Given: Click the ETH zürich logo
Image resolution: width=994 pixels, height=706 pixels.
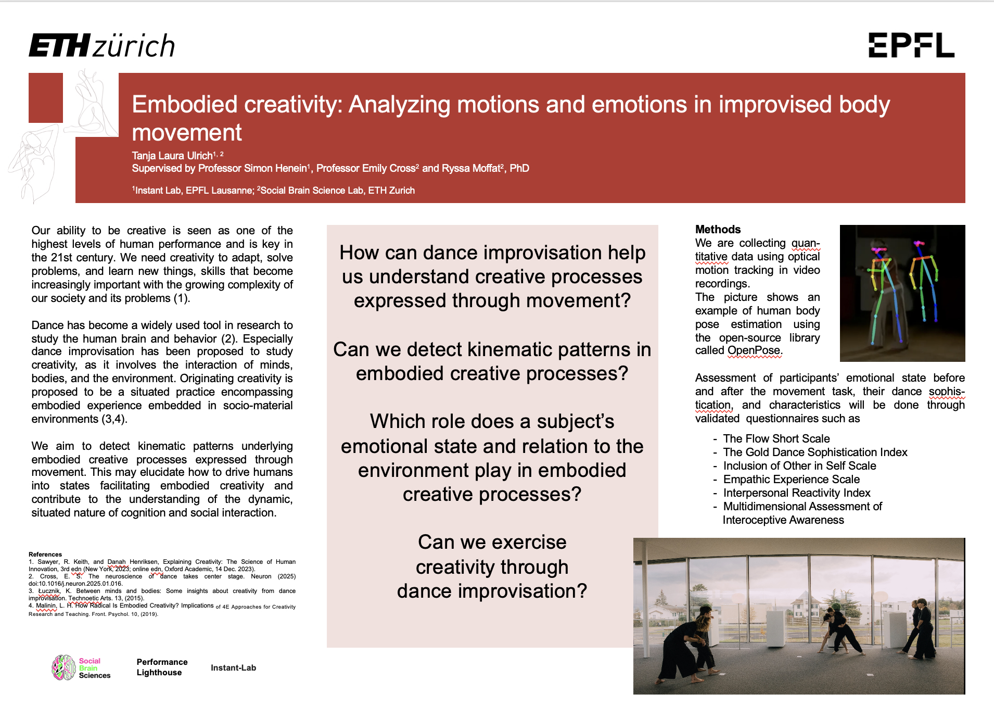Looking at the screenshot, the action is coord(102,45).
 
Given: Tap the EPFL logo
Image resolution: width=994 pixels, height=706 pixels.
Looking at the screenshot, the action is coord(911,45).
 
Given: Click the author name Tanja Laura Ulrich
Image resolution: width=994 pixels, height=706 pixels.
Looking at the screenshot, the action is coord(172,156).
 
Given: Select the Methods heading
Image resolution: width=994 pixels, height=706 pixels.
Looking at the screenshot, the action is coord(718,230).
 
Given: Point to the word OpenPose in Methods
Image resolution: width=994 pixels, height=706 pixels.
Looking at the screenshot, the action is coord(754,350).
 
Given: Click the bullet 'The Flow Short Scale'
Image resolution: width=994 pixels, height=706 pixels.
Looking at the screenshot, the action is coord(776,439).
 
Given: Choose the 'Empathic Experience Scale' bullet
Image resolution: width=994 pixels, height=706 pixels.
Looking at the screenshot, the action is coord(791,480).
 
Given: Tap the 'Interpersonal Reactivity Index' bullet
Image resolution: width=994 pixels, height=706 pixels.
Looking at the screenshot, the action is coord(797,493).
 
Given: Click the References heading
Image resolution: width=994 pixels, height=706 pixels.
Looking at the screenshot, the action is coord(45,554).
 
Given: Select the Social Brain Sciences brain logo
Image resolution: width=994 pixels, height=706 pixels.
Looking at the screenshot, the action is coord(63,668).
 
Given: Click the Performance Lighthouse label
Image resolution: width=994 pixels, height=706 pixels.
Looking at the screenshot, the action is coord(162,667).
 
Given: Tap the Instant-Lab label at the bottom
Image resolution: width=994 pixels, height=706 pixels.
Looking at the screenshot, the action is coord(233,668).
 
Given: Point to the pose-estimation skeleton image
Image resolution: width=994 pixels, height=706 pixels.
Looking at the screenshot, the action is coord(902,293).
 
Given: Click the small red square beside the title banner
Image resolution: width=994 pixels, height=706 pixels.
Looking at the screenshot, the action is coord(46,98).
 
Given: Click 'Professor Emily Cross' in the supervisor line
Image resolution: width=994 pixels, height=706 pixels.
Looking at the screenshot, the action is coord(366,168).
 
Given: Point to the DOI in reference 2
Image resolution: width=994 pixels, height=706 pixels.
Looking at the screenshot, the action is coord(75,584).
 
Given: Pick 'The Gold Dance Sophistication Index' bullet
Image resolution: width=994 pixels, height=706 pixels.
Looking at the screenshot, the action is coord(815,452).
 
